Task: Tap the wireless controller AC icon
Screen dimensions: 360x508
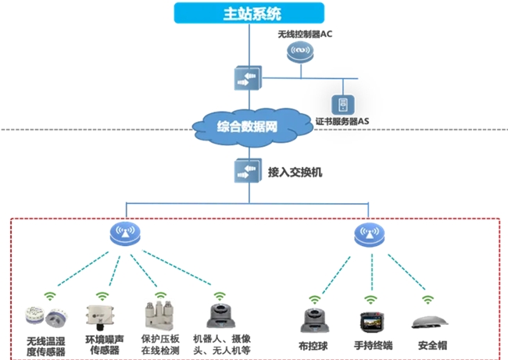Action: [300, 53]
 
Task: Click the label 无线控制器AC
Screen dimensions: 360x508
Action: [305, 35]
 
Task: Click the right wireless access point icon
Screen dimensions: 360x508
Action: [369, 233]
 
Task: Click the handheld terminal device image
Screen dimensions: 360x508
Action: [372, 322]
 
